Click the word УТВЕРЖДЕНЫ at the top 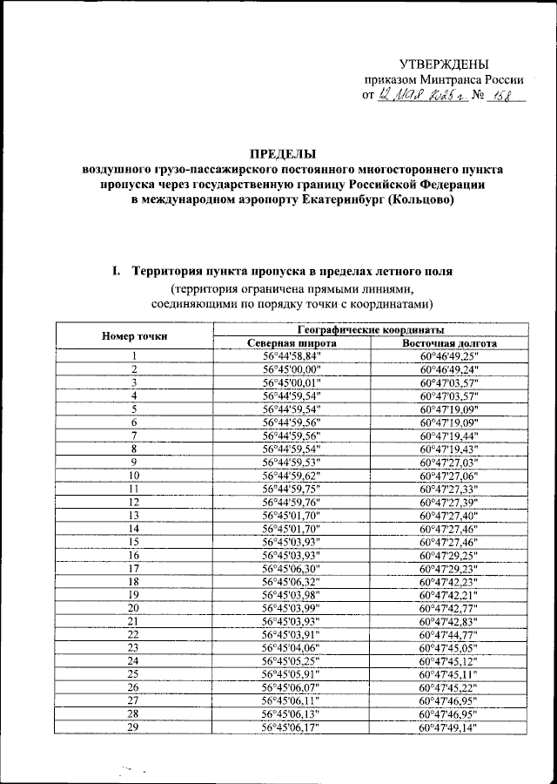coord(444,64)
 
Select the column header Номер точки coord(135,336)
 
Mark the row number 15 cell coord(135,540)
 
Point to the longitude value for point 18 coord(449,580)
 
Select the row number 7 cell coord(135,436)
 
